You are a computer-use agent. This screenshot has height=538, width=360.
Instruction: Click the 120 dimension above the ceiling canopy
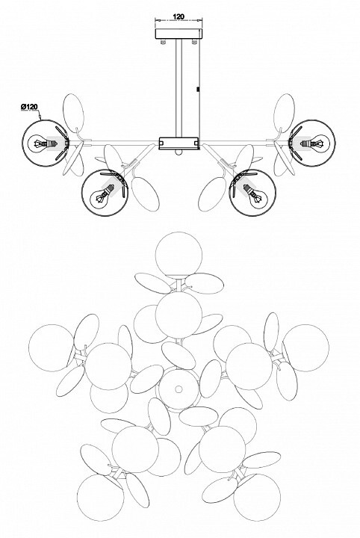[179, 16]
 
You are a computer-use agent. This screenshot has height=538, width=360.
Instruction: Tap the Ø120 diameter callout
[29, 107]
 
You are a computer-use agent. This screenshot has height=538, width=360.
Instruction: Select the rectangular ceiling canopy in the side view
[179, 34]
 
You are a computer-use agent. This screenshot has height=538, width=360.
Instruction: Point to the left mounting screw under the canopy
[164, 42]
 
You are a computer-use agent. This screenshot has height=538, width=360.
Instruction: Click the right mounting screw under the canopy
[194, 42]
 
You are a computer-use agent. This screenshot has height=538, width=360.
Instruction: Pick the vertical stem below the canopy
[179, 88]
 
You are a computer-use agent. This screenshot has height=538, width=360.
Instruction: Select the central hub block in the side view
[179, 143]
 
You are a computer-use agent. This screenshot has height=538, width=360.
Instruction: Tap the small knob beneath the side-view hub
[179, 152]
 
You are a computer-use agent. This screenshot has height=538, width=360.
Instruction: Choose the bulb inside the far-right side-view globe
[314, 143]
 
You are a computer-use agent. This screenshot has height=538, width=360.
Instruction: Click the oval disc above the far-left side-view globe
[73, 114]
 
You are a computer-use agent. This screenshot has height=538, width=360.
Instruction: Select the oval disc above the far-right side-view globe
[284, 114]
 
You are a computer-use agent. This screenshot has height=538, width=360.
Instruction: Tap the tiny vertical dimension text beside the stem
[197, 89]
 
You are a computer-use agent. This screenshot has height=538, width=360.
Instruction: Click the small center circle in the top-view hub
[179, 389]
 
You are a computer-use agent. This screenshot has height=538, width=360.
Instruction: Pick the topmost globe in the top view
[179, 256]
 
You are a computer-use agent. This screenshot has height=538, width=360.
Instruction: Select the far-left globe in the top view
[52, 348]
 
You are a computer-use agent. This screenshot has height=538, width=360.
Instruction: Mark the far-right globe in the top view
[305, 348]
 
